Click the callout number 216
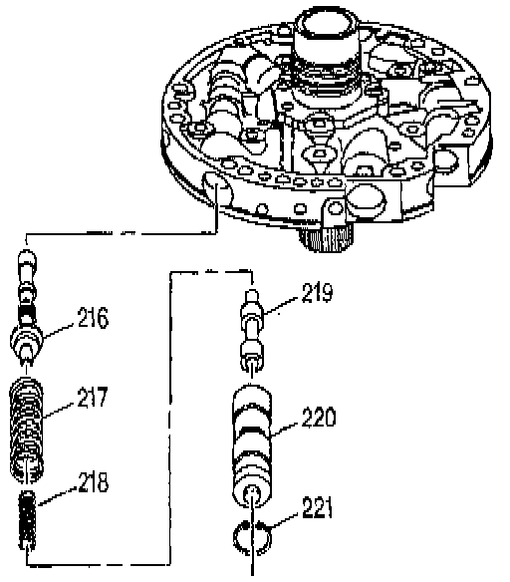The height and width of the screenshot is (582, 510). [x=93, y=318]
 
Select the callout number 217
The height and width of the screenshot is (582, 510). [x=93, y=397]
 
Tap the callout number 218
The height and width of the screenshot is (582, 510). [x=93, y=482]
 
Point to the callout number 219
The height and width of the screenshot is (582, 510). [x=317, y=293]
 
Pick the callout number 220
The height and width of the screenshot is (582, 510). [x=319, y=417]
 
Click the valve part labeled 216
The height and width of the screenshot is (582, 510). [x=26, y=307]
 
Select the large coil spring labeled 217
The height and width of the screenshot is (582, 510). [x=26, y=430]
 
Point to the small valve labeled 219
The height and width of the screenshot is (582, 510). [x=253, y=330]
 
